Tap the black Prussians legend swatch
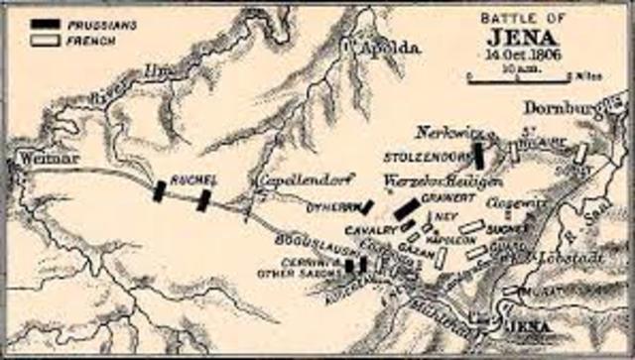click(46, 24)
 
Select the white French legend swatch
click(46, 41)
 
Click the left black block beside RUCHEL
click(158, 190)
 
